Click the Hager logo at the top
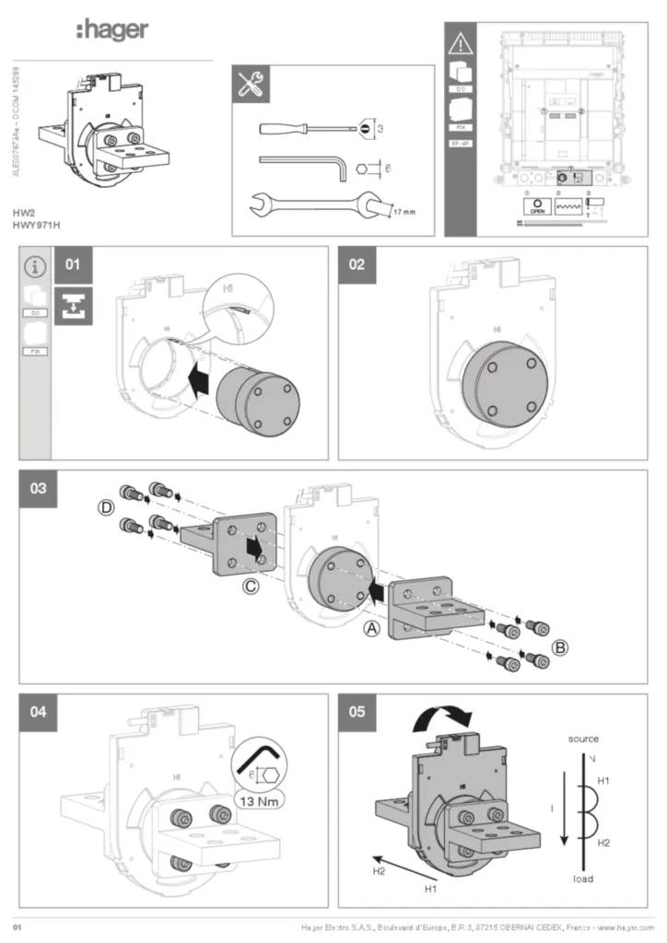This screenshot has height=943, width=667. (111, 31)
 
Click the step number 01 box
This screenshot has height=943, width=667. (73, 265)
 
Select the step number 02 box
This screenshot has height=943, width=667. (357, 265)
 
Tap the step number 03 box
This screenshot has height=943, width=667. (39, 489)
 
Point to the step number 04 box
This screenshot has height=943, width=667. (39, 713)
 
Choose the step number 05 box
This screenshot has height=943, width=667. (357, 713)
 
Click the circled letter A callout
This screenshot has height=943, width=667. (371, 629)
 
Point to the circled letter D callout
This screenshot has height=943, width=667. (108, 507)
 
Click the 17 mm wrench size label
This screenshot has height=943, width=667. (403, 212)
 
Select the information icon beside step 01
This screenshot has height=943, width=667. (35, 267)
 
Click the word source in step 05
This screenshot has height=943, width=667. (583, 739)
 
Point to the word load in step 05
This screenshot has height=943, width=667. (582, 879)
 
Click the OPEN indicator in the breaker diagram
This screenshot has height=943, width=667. (538, 207)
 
